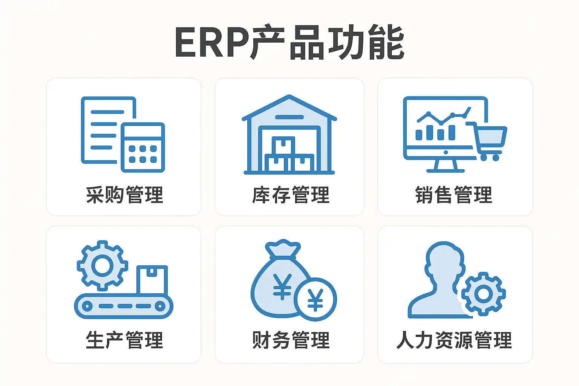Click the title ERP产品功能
289,42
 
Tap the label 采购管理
124,195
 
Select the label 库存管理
291,195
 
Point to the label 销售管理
454,195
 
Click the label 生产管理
124,340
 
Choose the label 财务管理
291,340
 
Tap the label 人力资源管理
454,340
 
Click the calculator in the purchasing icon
143,147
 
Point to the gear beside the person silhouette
484,294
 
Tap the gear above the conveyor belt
102,265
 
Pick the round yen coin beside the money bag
315,299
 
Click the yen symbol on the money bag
282,286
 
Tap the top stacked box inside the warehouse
283,145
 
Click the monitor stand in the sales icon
446,166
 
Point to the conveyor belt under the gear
124,306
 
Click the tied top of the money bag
283,249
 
